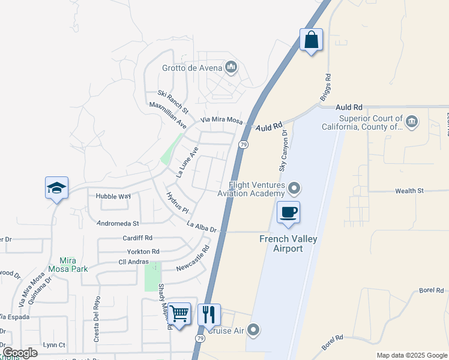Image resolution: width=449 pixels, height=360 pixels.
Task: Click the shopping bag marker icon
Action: click(x=311, y=40)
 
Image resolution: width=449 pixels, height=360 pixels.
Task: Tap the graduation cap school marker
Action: click(x=56, y=188)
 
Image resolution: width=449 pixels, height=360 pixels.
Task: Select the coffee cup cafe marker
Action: click(x=288, y=212)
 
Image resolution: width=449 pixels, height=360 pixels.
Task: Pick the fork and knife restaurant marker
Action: click(x=209, y=314)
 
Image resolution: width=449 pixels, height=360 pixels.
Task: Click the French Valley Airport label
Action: click(x=288, y=244)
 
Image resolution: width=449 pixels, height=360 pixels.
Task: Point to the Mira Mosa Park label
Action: click(x=74, y=265)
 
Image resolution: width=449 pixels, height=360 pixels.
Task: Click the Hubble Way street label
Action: click(x=113, y=196)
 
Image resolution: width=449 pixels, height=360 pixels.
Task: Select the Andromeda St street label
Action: click(x=118, y=223)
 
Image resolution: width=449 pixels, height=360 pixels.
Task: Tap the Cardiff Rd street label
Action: click(x=137, y=238)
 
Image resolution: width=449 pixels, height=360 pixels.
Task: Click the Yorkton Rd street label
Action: click(x=139, y=251)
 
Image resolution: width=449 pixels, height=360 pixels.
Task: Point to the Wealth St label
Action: click(x=409, y=191)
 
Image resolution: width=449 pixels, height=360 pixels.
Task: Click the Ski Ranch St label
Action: click(x=173, y=102)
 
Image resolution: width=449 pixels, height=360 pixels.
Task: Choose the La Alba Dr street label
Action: click(x=201, y=227)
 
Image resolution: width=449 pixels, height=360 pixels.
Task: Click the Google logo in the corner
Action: click(x=19, y=353)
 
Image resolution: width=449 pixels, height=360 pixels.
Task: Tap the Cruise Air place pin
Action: click(x=254, y=330)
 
